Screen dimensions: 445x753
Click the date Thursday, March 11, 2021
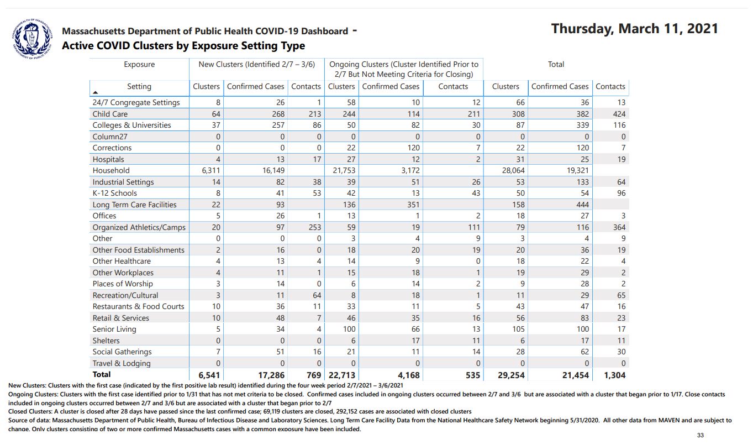coord(634,29)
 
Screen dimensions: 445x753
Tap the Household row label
coord(111,170)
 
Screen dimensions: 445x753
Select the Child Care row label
coord(110,114)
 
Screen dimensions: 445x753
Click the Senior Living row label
coord(114,329)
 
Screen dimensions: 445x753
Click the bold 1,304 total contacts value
coord(612,375)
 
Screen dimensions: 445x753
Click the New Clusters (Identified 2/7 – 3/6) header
coord(257,64)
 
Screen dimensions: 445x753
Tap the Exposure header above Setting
coord(139,64)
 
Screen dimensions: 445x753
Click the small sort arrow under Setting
coord(96,92)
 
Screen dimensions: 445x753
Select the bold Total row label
coord(102,375)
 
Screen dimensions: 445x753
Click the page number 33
coord(701,436)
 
